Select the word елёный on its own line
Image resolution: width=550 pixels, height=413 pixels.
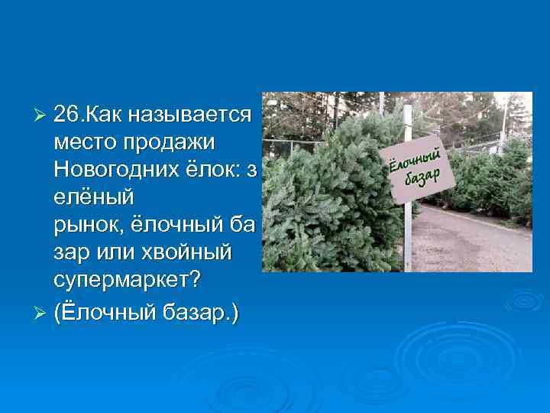[x=94, y=197]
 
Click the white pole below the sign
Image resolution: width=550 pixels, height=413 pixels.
[x=408, y=237]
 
